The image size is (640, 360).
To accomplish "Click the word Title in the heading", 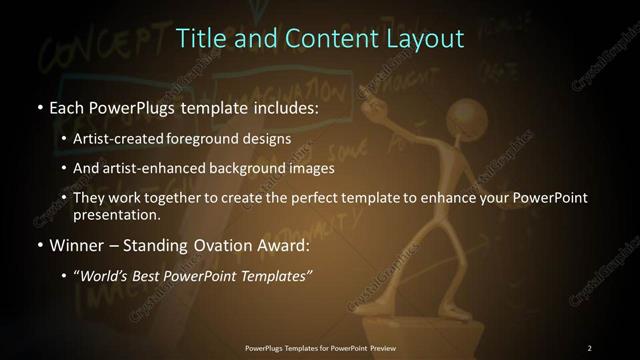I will tap(198, 39).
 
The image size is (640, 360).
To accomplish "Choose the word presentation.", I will tap(117, 214).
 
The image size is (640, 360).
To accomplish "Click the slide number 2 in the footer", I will tap(590, 348).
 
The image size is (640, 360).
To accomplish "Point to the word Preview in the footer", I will tap(378, 348).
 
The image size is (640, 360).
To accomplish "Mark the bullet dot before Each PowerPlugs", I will tap(39, 107).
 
